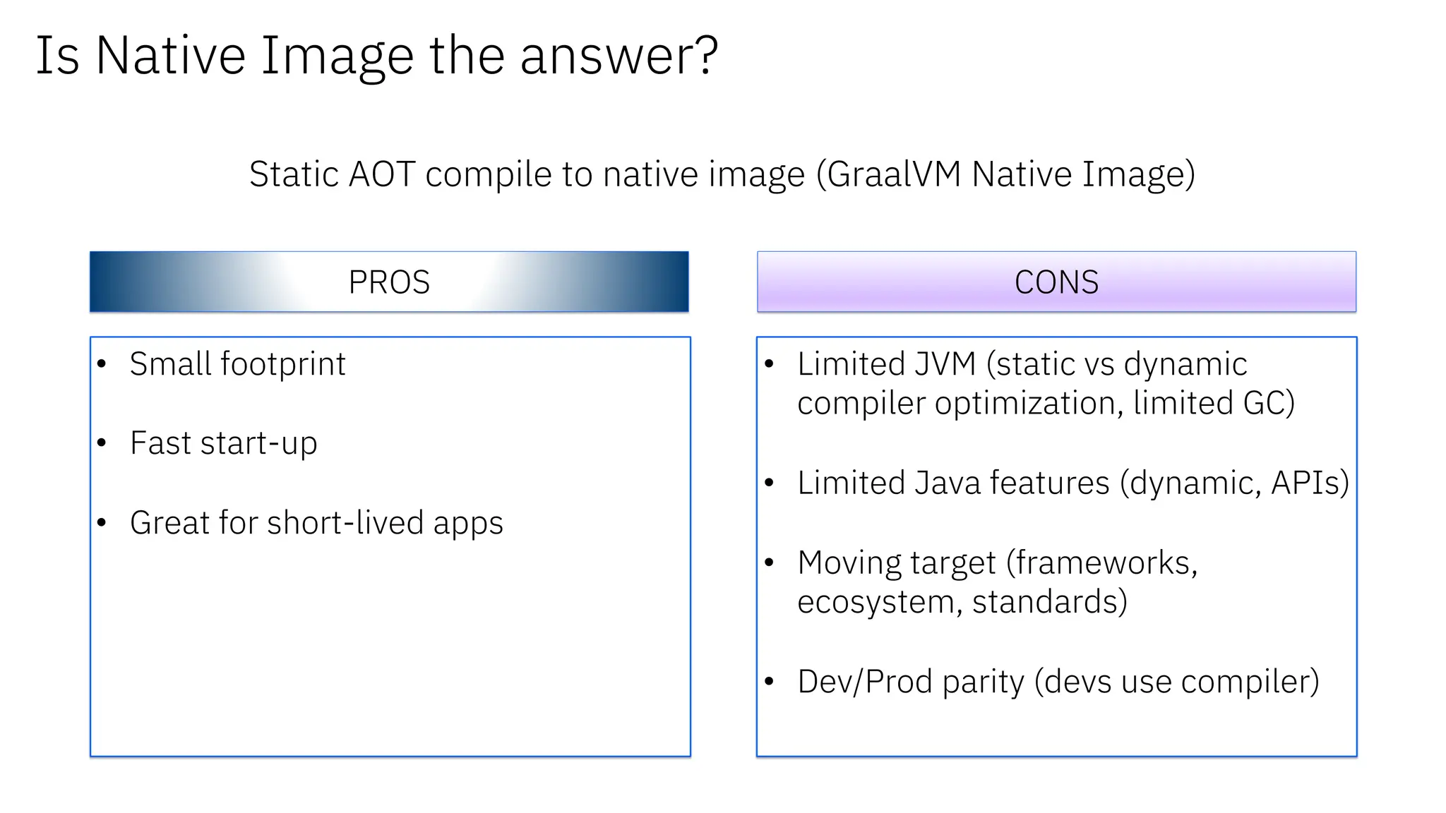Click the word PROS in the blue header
click(x=389, y=282)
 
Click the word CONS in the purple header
click(x=1056, y=282)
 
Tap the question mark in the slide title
click(x=703, y=55)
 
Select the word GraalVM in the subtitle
click(x=894, y=174)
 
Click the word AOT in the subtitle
click(x=381, y=174)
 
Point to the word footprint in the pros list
click(x=283, y=365)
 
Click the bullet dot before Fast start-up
click(x=102, y=443)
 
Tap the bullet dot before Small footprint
click(x=102, y=364)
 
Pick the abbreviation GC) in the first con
click(x=1269, y=404)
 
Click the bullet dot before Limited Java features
click(x=769, y=483)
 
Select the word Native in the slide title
click(x=170, y=55)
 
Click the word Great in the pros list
click(x=169, y=523)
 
